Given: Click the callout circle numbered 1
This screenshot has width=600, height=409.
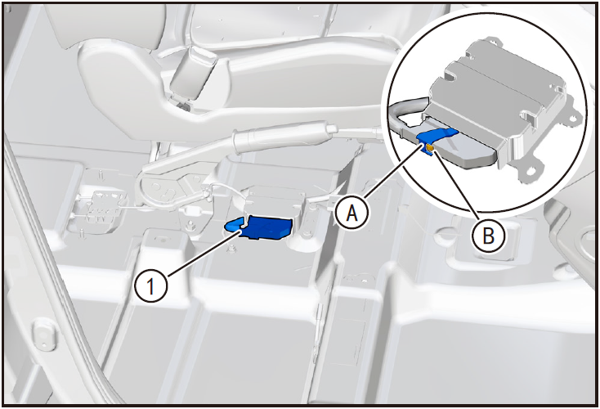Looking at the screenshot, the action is pyautogui.click(x=151, y=286).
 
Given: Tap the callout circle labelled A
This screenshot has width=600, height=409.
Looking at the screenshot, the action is pyautogui.click(x=352, y=213).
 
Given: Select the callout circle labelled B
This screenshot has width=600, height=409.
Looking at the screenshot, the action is pyautogui.click(x=488, y=236).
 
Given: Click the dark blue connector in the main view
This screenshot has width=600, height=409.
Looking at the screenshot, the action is pyautogui.click(x=266, y=228).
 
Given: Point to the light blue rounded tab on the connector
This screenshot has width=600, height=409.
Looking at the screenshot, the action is pyautogui.click(x=234, y=226).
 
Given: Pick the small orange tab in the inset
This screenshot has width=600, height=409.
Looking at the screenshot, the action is pyautogui.click(x=430, y=149).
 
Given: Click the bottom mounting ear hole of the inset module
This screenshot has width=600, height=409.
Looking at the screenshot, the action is pyautogui.click(x=531, y=169).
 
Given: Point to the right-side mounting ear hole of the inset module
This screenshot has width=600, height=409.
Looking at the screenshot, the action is pyautogui.click(x=572, y=119).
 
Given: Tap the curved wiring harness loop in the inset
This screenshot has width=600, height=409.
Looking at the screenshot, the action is pyautogui.click(x=406, y=115).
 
